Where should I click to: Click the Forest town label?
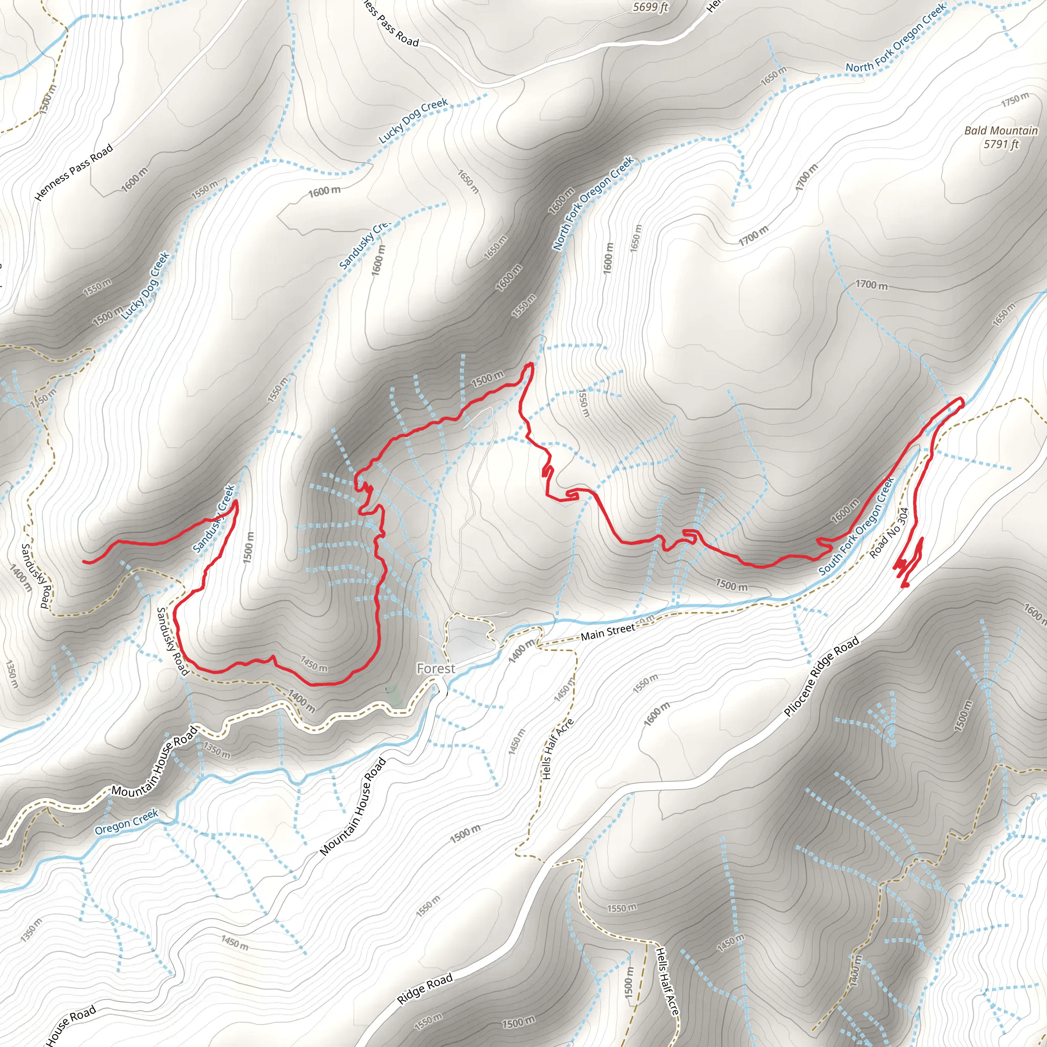point(436,669)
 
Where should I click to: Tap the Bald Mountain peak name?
point(1001,130)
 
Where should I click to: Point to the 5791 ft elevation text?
point(1001,144)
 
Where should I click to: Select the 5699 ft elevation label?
point(650,7)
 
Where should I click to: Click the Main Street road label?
point(607,632)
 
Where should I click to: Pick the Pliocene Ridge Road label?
point(822,676)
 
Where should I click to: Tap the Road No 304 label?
point(889,533)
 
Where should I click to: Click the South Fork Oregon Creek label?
point(856,526)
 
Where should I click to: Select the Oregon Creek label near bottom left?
point(126,822)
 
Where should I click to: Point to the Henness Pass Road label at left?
point(74,172)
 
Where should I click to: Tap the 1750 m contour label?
point(1014,99)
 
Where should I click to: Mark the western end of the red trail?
point(84,562)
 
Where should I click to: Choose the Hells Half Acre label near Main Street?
point(557,749)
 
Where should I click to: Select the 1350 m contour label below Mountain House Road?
point(216,750)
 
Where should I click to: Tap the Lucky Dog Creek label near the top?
point(413,120)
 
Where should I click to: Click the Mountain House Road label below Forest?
point(353,806)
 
